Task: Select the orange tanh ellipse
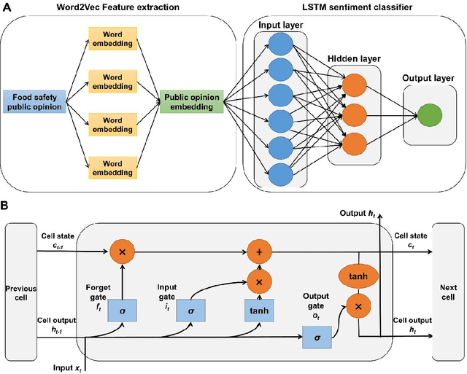pos(358,276)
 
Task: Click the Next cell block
pos(447,287)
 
